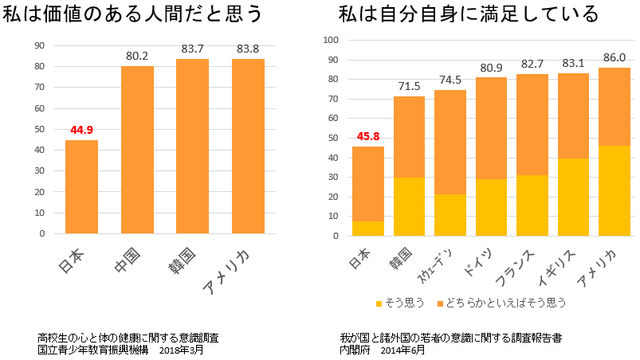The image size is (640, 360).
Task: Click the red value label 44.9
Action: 81,130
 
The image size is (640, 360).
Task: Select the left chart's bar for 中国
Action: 137,150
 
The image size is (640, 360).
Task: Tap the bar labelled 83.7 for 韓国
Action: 193,147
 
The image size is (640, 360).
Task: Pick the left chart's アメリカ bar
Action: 248,147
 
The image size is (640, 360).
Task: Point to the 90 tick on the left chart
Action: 39,45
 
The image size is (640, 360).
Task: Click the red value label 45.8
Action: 367,136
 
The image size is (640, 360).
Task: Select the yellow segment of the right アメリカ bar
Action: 614,190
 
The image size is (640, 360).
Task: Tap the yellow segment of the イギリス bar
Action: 573,197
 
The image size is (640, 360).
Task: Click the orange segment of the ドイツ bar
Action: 491,128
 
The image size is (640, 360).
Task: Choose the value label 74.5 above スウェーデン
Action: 450,80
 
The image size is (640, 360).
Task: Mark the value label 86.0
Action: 614,58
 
